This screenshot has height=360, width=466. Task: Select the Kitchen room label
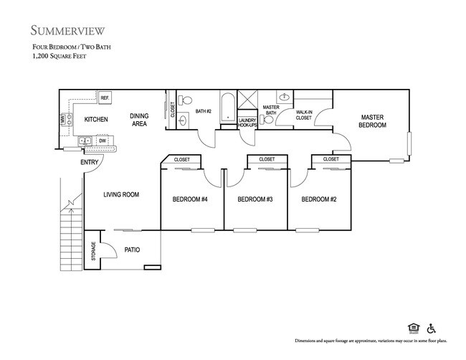[96, 119]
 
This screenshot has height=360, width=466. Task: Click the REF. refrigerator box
[105, 98]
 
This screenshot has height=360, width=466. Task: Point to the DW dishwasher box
[103, 141]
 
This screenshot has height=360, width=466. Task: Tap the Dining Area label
[139, 120]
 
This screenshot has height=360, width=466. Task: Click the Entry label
[90, 162]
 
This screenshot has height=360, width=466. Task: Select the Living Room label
[121, 194]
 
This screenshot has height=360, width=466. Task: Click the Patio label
[132, 250]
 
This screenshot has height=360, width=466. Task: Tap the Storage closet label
[92, 250]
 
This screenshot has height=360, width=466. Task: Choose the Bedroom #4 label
[190, 199]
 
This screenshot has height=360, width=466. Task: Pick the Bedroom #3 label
[255, 199]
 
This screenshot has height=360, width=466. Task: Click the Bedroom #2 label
[318, 199]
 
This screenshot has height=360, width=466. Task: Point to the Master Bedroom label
[373, 120]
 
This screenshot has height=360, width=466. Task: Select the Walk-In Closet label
[303, 115]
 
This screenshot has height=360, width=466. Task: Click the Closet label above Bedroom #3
[267, 159]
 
